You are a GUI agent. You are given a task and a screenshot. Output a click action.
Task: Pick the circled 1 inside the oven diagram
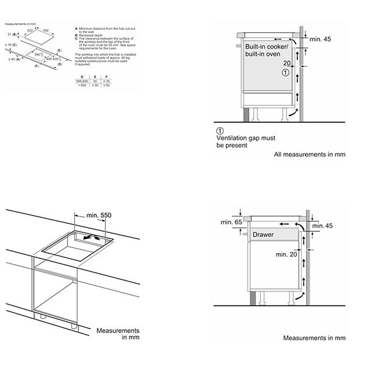(x=286, y=72)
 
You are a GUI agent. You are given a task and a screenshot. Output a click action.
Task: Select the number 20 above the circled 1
(x=286, y=63)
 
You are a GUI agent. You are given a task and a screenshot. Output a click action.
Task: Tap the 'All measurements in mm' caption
(x=309, y=155)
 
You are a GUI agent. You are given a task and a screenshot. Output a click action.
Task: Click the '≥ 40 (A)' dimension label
(x=15, y=59)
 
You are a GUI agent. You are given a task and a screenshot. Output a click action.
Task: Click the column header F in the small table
(x=107, y=77)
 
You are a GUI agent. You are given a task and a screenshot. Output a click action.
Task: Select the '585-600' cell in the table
(x=80, y=81)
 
